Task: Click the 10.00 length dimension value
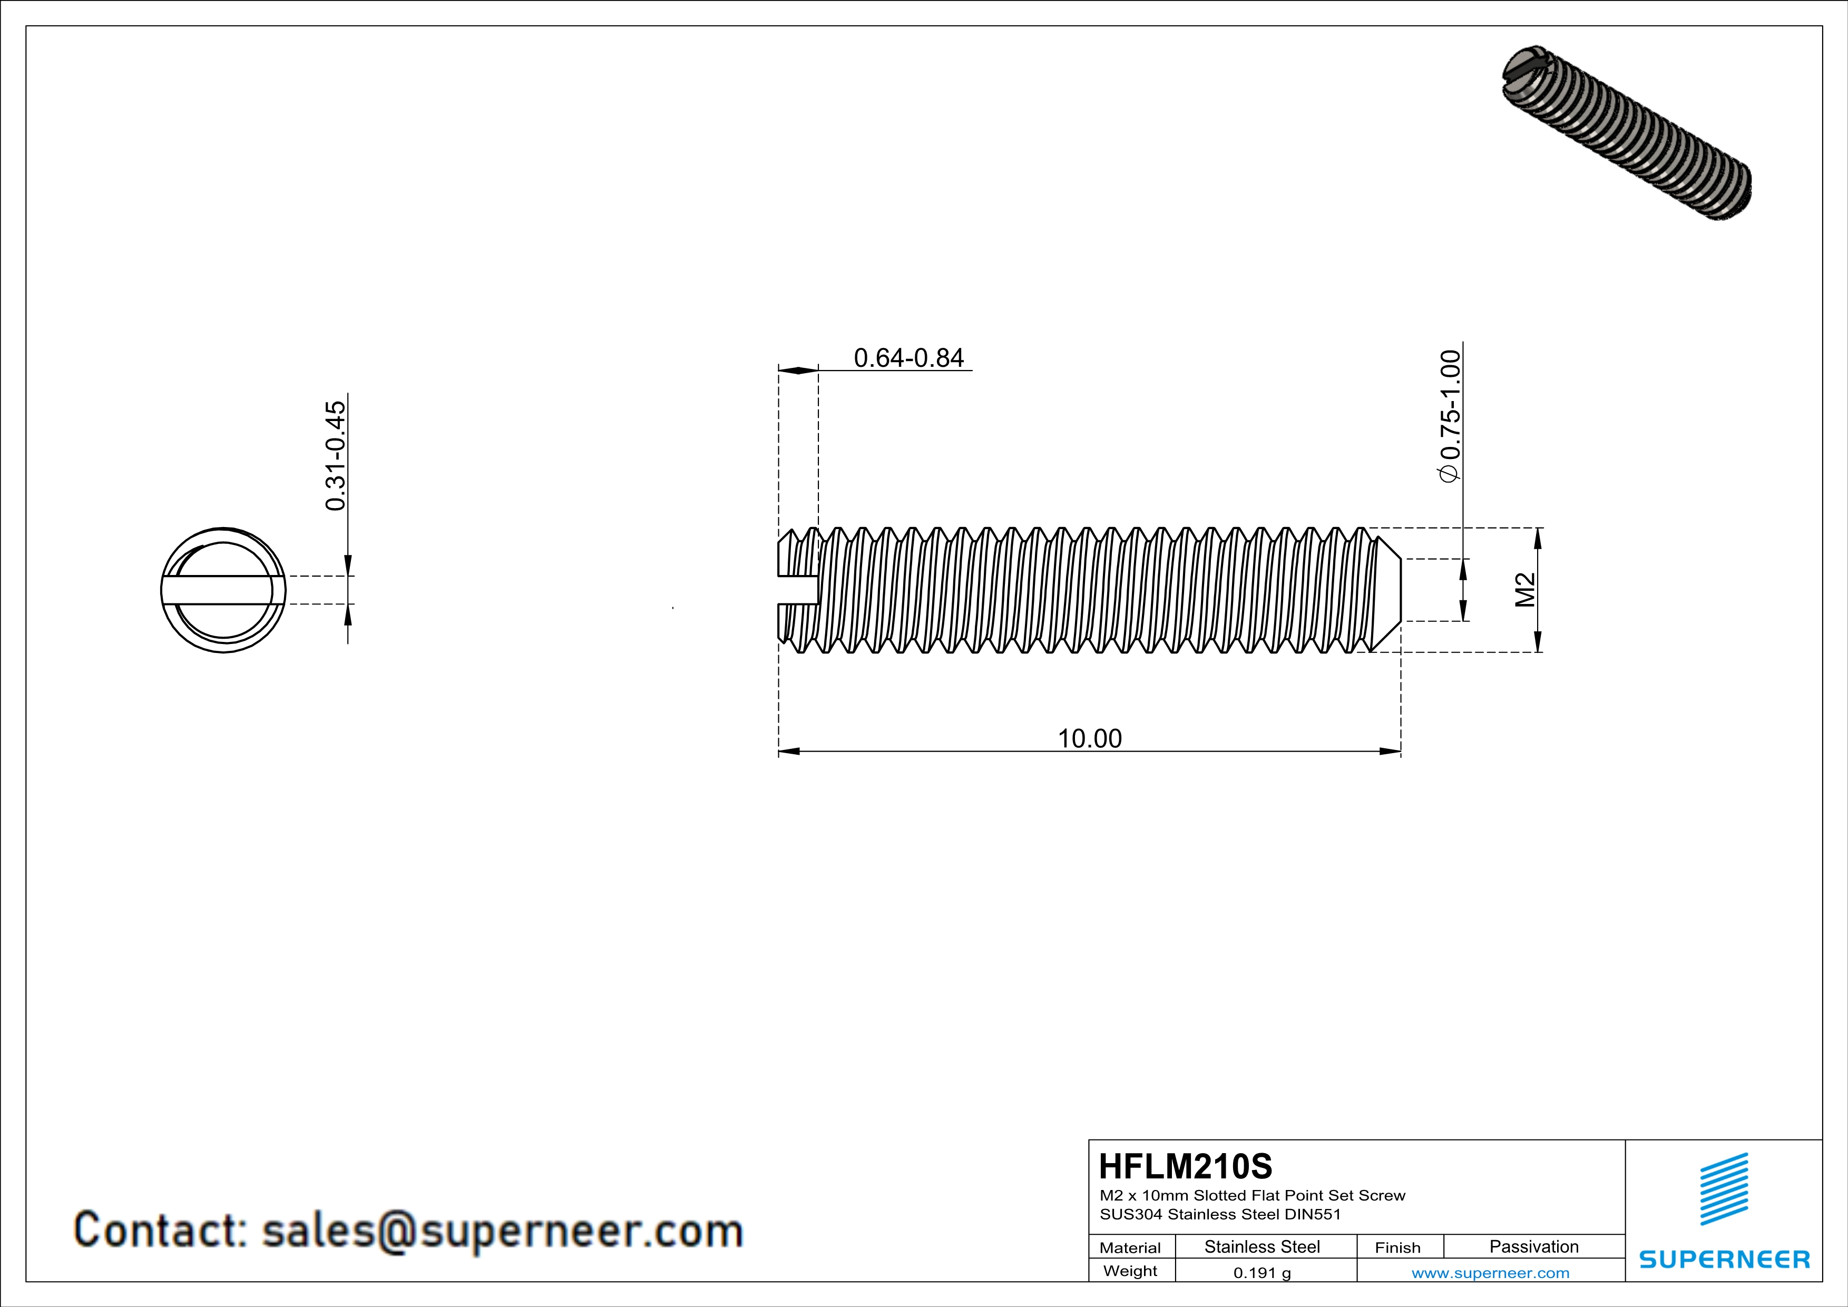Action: point(1089,738)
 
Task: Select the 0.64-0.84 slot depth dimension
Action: point(908,358)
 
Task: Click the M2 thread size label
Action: point(1524,590)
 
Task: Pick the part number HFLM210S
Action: point(1185,1166)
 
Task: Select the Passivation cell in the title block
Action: point(1533,1246)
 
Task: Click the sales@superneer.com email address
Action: point(502,1231)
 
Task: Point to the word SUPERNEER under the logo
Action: point(1724,1260)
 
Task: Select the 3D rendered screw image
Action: point(1626,133)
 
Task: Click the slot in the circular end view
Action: point(223,590)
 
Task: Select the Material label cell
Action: point(1130,1247)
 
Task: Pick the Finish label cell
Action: point(1397,1247)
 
